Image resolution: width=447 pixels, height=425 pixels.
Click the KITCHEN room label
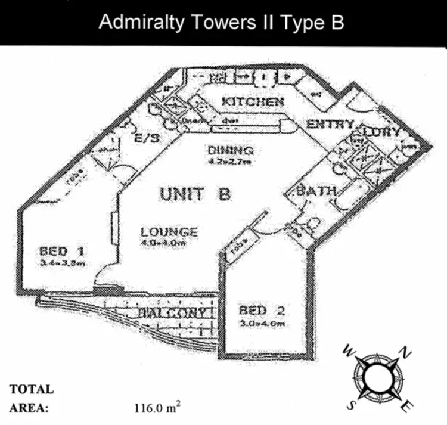[252, 102]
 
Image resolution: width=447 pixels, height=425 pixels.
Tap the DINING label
[231, 150]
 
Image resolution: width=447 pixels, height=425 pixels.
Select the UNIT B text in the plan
[195, 194]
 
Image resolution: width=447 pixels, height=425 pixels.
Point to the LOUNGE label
[169, 232]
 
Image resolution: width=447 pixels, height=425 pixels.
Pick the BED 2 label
[263, 311]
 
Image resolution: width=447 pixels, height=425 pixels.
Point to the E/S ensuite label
[147, 138]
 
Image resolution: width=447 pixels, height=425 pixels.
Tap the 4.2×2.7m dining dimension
[230, 161]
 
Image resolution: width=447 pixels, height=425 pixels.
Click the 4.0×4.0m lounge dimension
[169, 243]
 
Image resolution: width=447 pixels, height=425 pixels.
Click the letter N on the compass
[406, 353]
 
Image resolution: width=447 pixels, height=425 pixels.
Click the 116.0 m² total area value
[157, 409]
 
